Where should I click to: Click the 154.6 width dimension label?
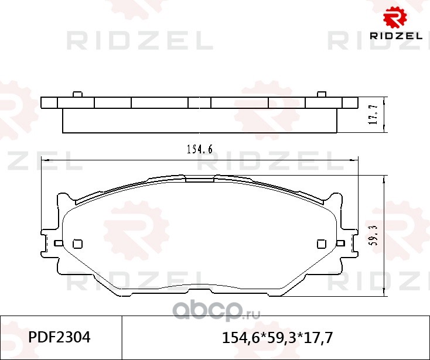point(200,149)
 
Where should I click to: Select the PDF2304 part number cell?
point(59,337)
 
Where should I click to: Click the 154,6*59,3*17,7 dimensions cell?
point(277,338)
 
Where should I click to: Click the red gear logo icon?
point(395,17)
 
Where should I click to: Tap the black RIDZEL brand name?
point(396,36)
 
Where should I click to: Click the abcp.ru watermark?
point(216,311)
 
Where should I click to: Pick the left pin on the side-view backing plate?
point(77,94)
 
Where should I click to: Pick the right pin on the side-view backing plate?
point(322,94)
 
